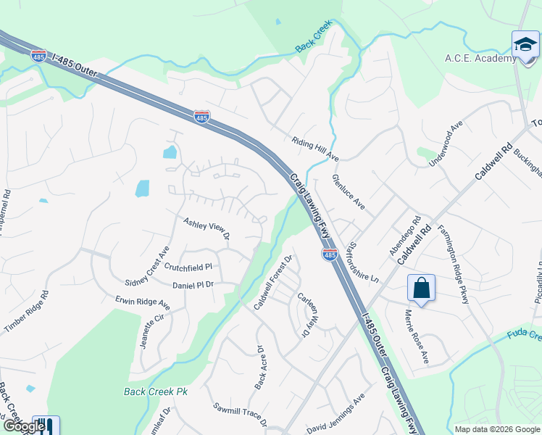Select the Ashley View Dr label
pyautogui.click(x=206, y=228)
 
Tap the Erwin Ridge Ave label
pyautogui.click(x=142, y=302)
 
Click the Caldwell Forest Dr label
pyautogui.click(x=272, y=283)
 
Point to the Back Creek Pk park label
pyautogui.click(x=155, y=391)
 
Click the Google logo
pyautogui.click(x=23, y=426)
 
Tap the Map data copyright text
pyautogui.click(x=496, y=429)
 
